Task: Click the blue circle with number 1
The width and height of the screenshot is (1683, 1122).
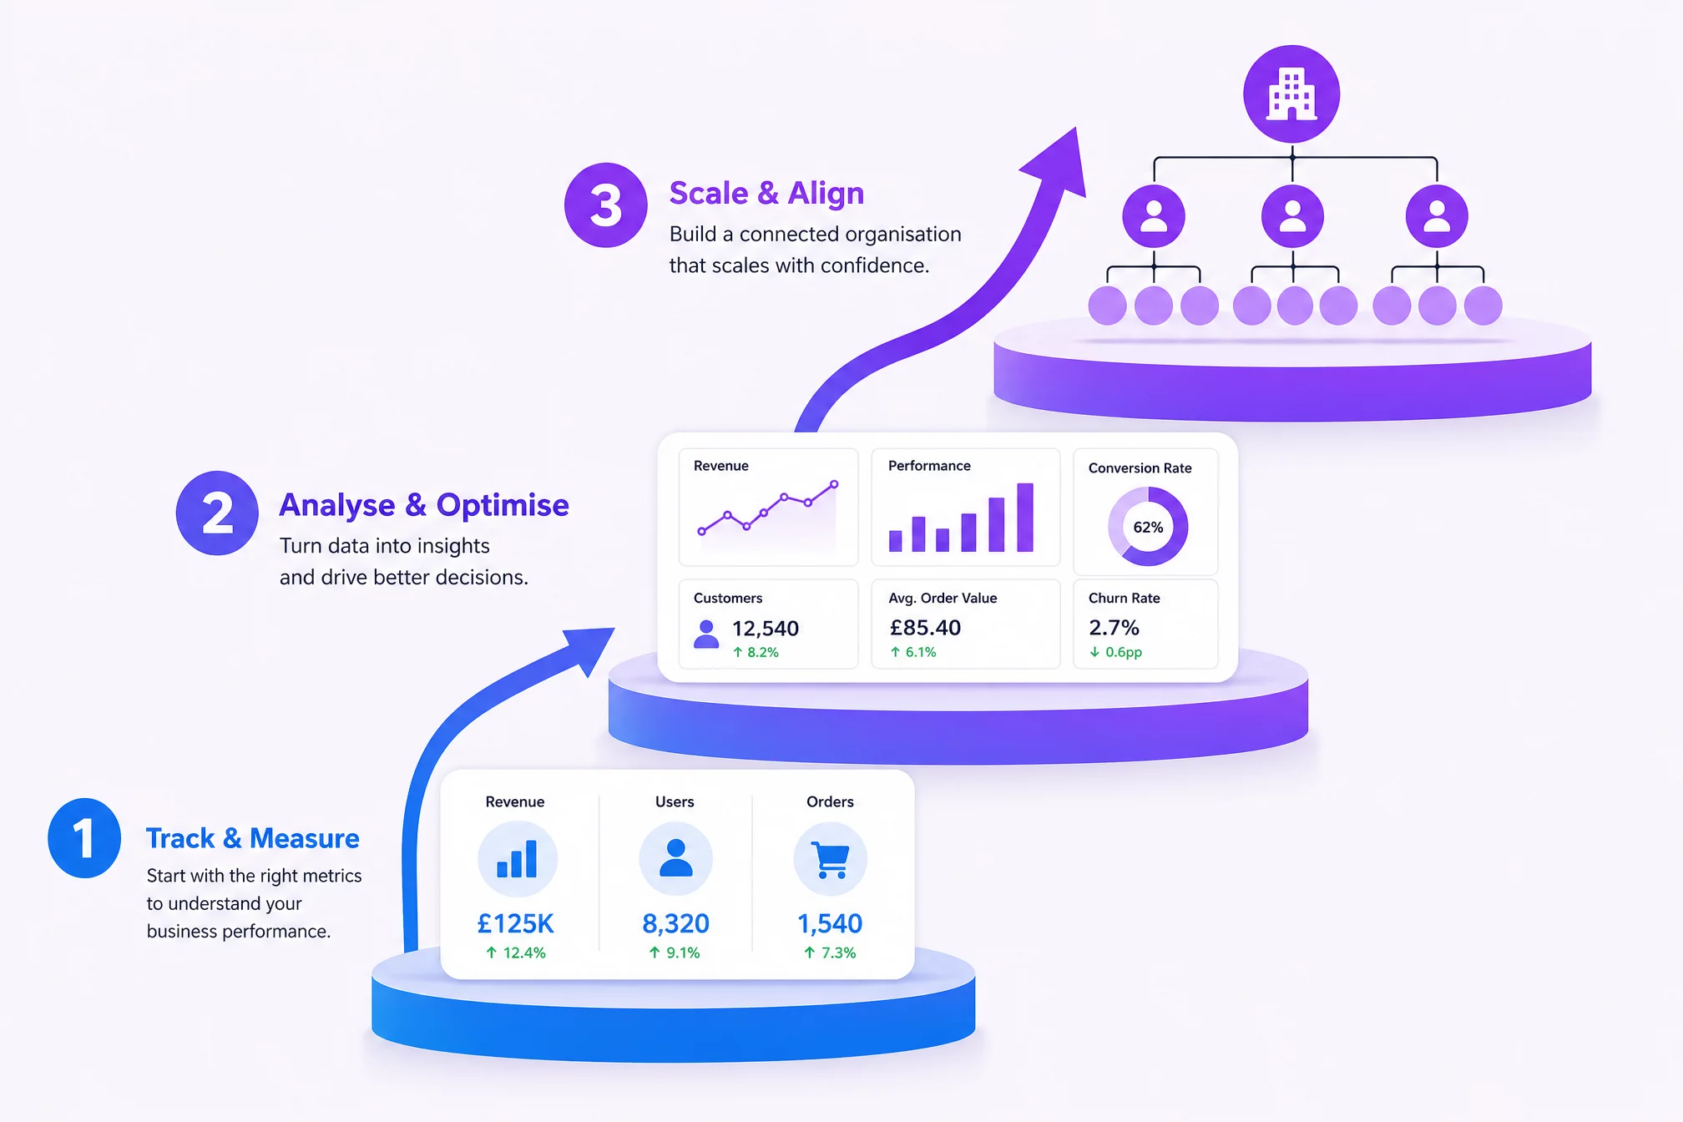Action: tap(84, 837)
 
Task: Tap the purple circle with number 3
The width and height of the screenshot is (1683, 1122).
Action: tap(606, 205)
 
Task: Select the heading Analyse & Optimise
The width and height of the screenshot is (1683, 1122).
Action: tap(424, 505)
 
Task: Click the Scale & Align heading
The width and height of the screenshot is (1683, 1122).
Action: tap(766, 193)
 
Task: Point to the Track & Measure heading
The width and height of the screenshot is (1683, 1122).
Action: tap(253, 838)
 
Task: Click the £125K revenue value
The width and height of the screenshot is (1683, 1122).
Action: tap(515, 923)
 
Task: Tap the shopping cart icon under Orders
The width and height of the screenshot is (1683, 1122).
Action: tap(831, 860)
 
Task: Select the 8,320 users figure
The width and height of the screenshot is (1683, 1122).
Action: tap(675, 923)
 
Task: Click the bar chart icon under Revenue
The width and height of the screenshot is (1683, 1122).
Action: tap(517, 859)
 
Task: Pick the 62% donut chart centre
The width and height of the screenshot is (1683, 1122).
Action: tap(1148, 528)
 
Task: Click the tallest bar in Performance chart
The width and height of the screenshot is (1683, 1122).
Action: tap(1025, 517)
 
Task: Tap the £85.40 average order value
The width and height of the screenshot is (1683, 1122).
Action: tap(925, 628)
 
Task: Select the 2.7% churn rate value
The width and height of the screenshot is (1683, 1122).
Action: tap(1114, 628)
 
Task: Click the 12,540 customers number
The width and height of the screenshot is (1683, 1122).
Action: tap(766, 629)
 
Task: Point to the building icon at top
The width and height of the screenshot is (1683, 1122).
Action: tap(1291, 93)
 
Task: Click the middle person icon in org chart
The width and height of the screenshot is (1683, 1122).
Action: tap(1292, 217)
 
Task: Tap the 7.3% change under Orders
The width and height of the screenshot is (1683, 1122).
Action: tap(830, 953)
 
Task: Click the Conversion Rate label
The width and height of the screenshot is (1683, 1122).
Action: tap(1140, 468)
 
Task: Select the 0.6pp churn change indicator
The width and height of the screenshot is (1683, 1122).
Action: tap(1115, 652)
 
